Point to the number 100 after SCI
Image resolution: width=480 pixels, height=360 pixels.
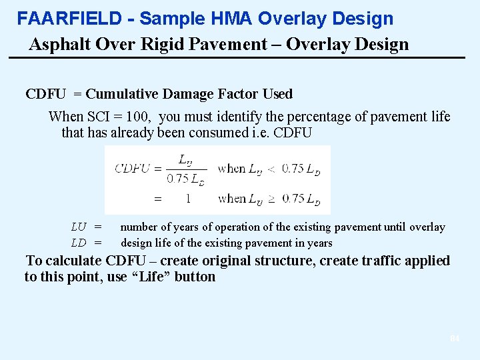141,117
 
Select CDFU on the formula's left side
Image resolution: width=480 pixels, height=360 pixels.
132,168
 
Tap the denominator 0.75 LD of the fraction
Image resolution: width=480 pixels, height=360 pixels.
185,179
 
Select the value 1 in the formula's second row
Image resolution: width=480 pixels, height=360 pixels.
188,198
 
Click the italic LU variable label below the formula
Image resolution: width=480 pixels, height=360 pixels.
79,227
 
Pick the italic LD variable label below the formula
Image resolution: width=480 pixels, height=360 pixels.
79,243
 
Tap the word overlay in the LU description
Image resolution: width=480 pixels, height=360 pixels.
427,227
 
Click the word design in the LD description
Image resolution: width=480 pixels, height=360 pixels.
136,243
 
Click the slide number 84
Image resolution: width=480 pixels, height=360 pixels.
455,339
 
